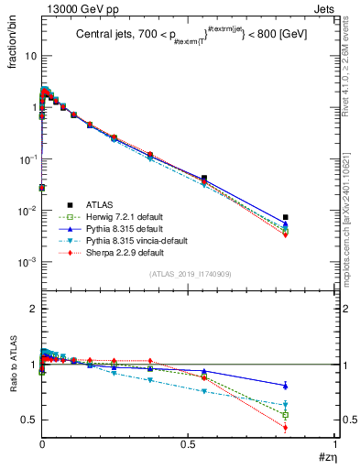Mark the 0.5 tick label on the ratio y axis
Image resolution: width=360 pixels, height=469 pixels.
point(29,420)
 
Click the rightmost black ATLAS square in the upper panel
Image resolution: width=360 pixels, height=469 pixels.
point(286,217)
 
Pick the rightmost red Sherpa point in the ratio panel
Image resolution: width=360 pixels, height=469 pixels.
point(286,428)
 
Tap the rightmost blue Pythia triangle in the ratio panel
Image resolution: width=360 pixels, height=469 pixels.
point(286,385)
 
